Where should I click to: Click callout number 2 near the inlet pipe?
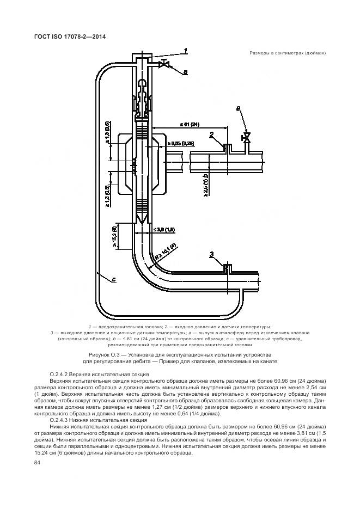tap(212, 134)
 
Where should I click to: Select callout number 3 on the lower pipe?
tap(212, 254)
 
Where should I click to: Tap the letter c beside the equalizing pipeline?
tap(113, 280)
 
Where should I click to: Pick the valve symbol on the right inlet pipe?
tap(247, 138)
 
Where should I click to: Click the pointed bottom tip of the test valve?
tap(141, 224)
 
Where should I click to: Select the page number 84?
tap(37, 463)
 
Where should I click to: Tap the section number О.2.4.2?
tap(61, 374)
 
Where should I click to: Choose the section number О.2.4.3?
tap(61, 420)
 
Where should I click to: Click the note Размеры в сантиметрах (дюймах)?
tap(287, 53)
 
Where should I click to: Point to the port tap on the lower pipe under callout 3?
tap(228, 267)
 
